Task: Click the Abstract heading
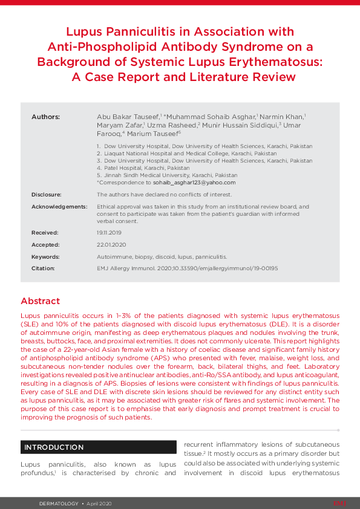pos(40,301)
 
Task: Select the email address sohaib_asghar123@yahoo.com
pos(194,182)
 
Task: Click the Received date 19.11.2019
pos(108,232)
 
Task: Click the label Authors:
pos(45,116)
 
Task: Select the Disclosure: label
pos(47,195)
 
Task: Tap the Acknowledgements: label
pos(59,207)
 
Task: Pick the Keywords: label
pos(45,257)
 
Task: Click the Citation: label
pos(43,268)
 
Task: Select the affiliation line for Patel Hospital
pos(143,168)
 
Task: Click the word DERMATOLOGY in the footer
pos(59,503)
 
